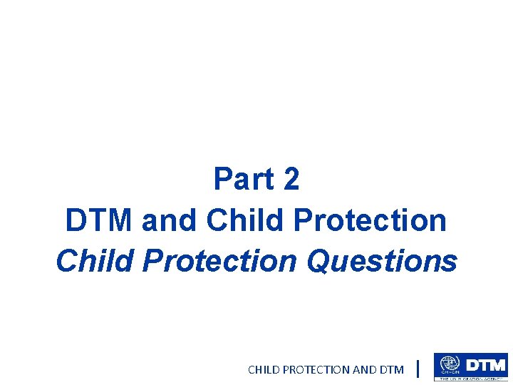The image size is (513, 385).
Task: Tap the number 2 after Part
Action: click(x=291, y=180)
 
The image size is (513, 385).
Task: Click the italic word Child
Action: click(x=95, y=262)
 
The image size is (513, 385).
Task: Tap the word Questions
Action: click(x=382, y=262)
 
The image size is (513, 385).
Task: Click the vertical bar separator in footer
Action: click(x=417, y=369)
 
